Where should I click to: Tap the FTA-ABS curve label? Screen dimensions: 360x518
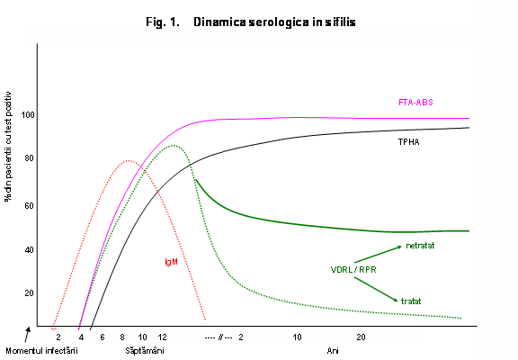click(x=415, y=102)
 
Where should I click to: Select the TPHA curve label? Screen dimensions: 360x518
click(x=410, y=142)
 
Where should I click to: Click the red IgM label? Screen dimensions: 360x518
click(x=171, y=262)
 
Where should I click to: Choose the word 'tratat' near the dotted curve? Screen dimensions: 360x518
click(x=412, y=300)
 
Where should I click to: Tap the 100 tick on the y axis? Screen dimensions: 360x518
click(x=29, y=115)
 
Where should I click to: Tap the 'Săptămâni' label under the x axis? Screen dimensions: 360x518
click(x=144, y=350)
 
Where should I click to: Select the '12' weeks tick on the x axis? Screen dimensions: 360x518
click(x=162, y=337)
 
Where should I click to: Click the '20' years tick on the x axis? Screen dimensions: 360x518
click(x=361, y=337)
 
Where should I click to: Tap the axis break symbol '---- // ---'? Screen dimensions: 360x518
click(x=219, y=337)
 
